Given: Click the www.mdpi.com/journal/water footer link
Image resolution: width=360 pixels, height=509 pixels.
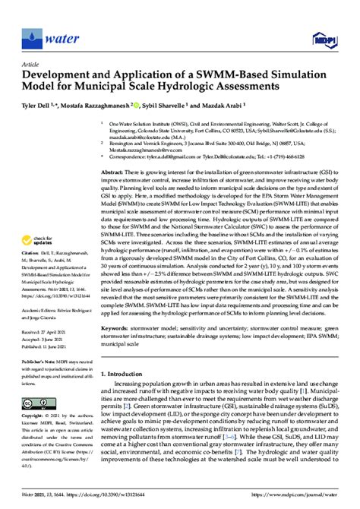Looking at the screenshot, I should [304, 498].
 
